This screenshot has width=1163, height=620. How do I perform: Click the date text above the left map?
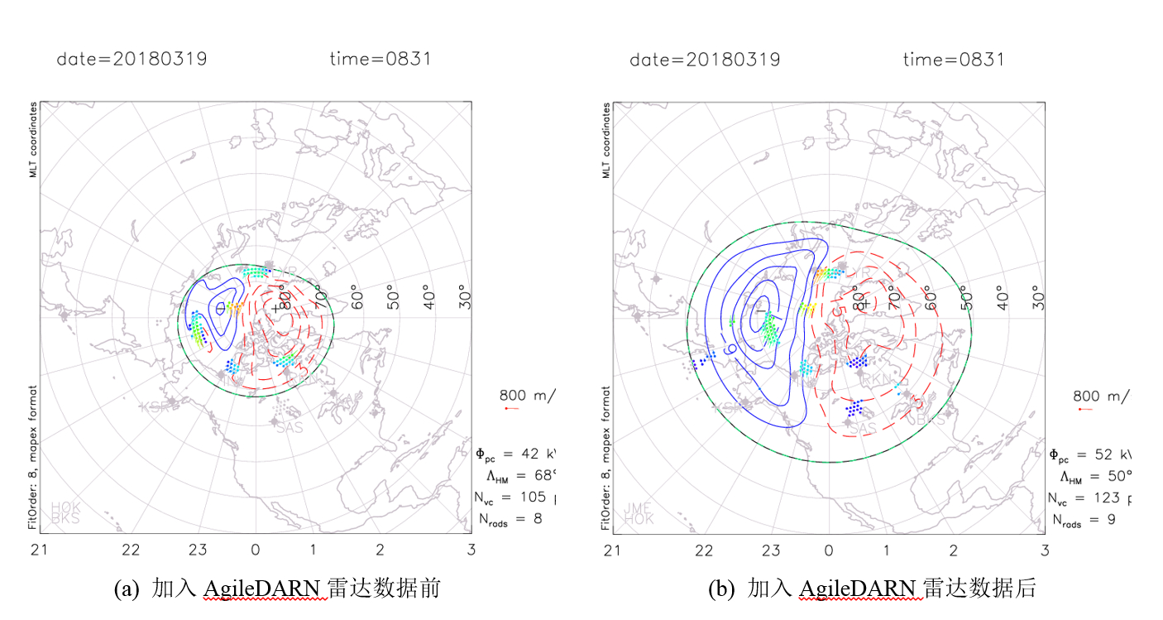click(132, 59)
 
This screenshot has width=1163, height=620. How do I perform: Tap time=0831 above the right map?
click(953, 59)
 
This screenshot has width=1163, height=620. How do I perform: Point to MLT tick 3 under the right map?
click(1044, 549)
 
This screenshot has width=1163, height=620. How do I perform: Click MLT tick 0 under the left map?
click(256, 549)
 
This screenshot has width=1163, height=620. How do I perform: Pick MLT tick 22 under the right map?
click(704, 549)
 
